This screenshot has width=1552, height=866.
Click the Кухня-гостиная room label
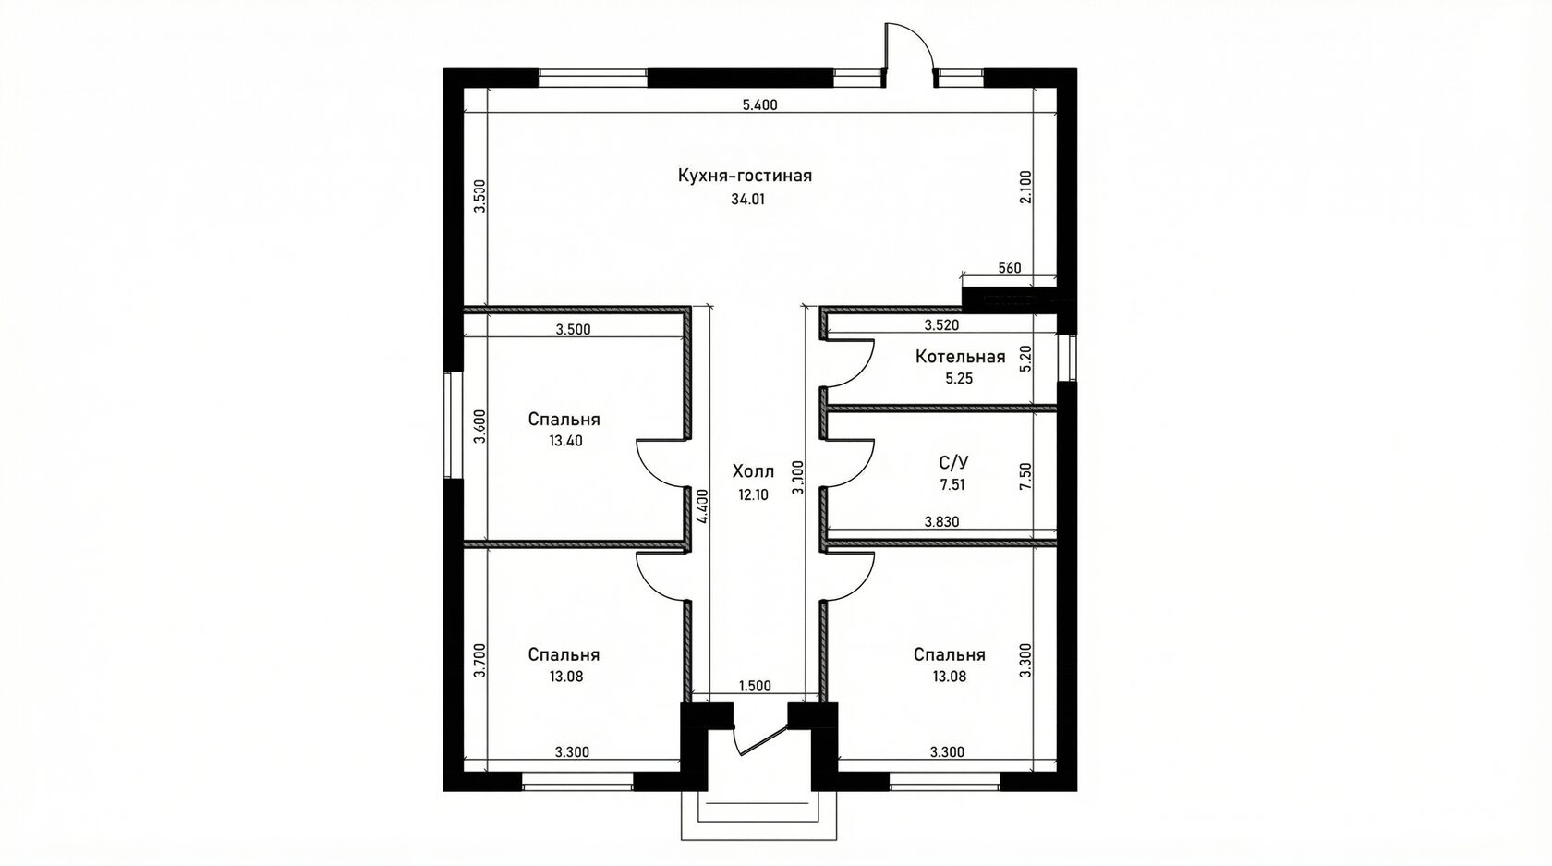pyautogui.click(x=745, y=176)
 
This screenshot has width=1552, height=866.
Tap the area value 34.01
pyautogui.click(x=747, y=200)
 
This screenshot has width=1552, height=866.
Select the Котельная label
pyautogui.click(x=960, y=357)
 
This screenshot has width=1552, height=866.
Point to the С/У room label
pyautogui.click(x=953, y=462)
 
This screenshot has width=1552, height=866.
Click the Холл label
pyautogui.click(x=753, y=472)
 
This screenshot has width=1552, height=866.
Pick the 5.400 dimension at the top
pyautogui.click(x=760, y=105)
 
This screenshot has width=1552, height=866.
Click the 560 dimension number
pyautogui.click(x=1010, y=268)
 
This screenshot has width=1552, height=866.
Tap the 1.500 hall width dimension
pyautogui.click(x=756, y=687)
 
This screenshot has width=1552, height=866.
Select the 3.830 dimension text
pyautogui.click(x=942, y=522)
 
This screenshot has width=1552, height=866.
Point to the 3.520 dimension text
pyautogui.click(x=942, y=324)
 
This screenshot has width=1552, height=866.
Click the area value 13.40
pyautogui.click(x=565, y=441)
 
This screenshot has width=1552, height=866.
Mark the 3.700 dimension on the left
pyautogui.click(x=479, y=662)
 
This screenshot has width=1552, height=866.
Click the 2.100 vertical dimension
pyautogui.click(x=1026, y=188)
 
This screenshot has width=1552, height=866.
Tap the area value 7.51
pyautogui.click(x=952, y=485)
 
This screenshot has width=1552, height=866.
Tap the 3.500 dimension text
pyautogui.click(x=574, y=330)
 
